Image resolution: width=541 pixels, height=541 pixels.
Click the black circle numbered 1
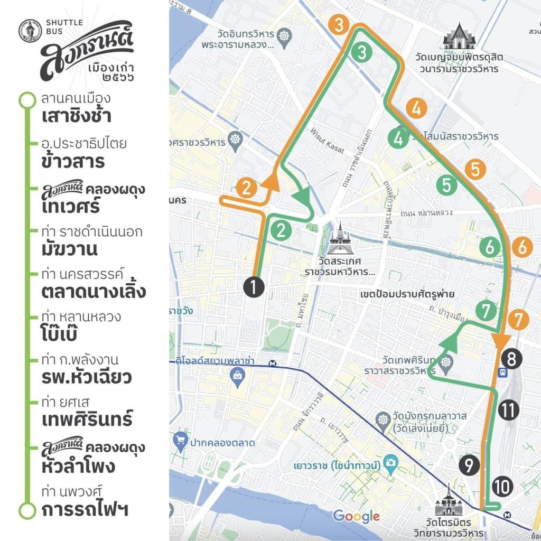click(254, 287)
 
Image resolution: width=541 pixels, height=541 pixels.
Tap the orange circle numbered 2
click(247, 187)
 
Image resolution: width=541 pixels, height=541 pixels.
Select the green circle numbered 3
click(361, 52)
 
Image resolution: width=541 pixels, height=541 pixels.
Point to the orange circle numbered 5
click(475, 170)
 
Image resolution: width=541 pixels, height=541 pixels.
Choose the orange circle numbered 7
click(518, 320)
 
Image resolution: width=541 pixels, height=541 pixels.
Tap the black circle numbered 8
click(511, 359)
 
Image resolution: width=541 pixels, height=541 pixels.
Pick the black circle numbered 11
click(508, 409)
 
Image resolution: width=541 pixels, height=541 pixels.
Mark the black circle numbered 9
click(470, 465)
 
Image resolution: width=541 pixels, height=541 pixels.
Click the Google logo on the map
click(356, 516)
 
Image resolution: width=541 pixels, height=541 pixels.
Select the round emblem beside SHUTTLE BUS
click(31, 31)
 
